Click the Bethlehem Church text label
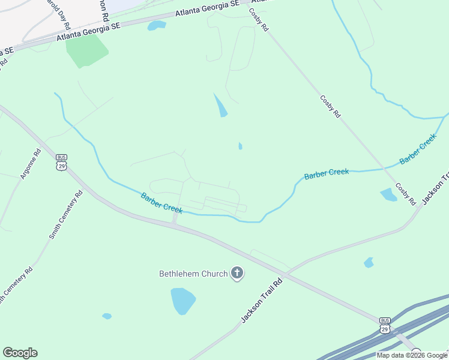click(193, 274)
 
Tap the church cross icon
click(237, 274)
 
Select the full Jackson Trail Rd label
click(262, 301)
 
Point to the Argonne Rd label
click(29, 164)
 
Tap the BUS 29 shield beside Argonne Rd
click(61, 163)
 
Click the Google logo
click(20, 353)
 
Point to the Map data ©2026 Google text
click(412, 355)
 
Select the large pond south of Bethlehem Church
click(182, 301)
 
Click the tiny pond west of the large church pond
click(107, 316)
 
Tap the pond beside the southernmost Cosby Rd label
click(388, 194)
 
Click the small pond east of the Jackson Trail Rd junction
click(369, 262)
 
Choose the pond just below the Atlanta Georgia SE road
click(156, 25)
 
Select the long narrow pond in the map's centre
click(221, 106)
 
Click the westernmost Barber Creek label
click(161, 203)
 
